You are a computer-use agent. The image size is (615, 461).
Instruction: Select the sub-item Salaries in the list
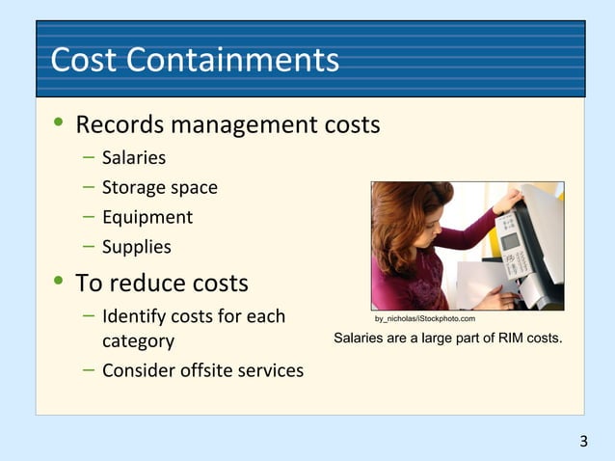pyautogui.click(x=134, y=157)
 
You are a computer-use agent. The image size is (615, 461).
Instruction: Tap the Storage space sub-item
pyautogui.click(x=159, y=187)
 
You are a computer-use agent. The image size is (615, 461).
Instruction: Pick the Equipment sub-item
pyautogui.click(x=147, y=217)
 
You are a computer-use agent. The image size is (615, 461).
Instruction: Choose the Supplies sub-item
pyautogui.click(x=137, y=247)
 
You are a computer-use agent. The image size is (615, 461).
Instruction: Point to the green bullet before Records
pyautogui.click(x=60, y=124)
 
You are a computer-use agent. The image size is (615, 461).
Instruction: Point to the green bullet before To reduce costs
pyautogui.click(x=60, y=283)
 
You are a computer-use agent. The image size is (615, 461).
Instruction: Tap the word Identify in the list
pyautogui.click(x=135, y=316)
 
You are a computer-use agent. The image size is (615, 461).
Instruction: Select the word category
pyautogui.click(x=139, y=340)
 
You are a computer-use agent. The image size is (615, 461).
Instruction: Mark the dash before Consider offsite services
pyautogui.click(x=88, y=369)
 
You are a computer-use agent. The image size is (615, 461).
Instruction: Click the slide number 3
pyautogui.click(x=583, y=442)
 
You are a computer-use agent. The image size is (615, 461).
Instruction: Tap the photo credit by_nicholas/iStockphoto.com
pyautogui.click(x=424, y=318)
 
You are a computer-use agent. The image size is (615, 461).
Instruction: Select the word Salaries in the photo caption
pyautogui.click(x=361, y=339)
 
